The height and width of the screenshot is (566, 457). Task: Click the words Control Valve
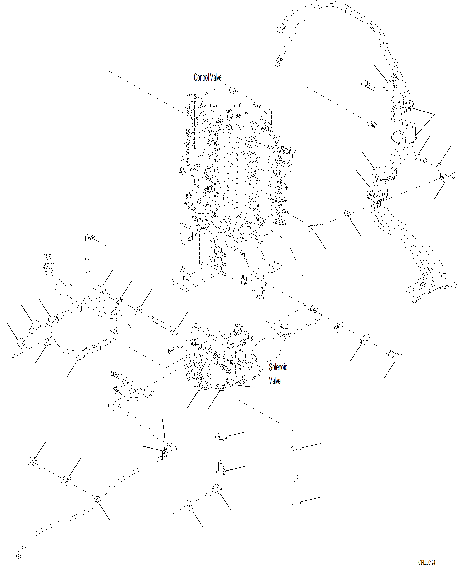(x=207, y=77)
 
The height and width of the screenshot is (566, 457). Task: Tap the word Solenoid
(x=278, y=367)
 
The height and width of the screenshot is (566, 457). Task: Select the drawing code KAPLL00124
(x=426, y=561)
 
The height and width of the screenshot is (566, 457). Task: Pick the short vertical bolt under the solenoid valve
(x=221, y=468)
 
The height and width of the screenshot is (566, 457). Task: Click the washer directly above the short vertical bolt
(x=221, y=436)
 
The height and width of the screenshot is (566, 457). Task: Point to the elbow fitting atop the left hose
(x=89, y=238)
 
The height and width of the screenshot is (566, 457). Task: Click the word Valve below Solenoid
(x=275, y=381)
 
